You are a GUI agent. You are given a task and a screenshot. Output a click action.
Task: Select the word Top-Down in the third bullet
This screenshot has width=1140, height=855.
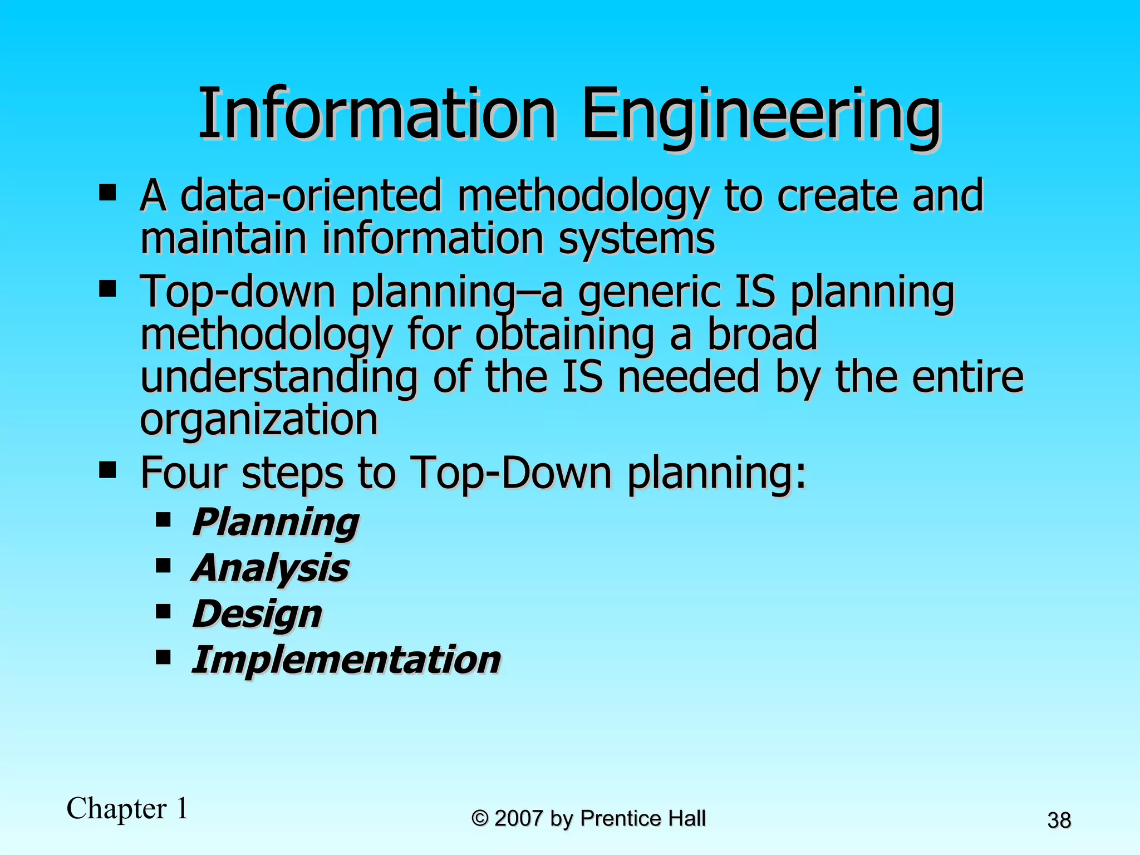(510, 473)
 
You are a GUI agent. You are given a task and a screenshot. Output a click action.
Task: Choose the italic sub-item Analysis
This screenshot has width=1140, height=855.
(271, 568)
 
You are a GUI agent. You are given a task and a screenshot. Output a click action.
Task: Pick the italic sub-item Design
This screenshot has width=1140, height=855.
(257, 614)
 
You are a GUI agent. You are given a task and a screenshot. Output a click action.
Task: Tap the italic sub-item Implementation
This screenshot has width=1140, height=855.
(346, 660)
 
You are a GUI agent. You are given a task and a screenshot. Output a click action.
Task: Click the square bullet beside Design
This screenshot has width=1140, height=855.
(163, 612)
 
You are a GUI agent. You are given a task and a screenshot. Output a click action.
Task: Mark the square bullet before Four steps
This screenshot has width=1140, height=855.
(107, 470)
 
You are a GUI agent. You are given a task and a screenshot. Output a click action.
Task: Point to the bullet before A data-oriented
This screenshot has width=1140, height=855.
(107, 193)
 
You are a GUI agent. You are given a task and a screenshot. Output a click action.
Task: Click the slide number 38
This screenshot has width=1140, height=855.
(1059, 820)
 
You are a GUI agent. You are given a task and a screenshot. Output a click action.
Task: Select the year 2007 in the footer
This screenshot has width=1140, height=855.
(518, 818)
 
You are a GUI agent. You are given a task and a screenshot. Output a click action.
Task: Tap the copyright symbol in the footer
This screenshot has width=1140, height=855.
(480, 818)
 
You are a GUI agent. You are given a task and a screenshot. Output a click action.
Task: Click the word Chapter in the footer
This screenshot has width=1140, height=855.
(117, 808)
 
